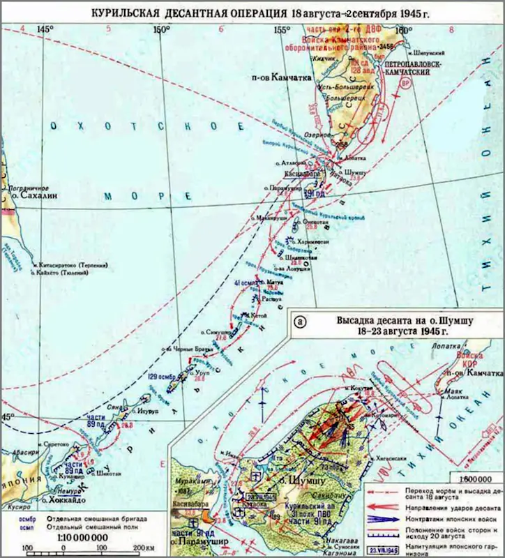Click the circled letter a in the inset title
click(x=300, y=322)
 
